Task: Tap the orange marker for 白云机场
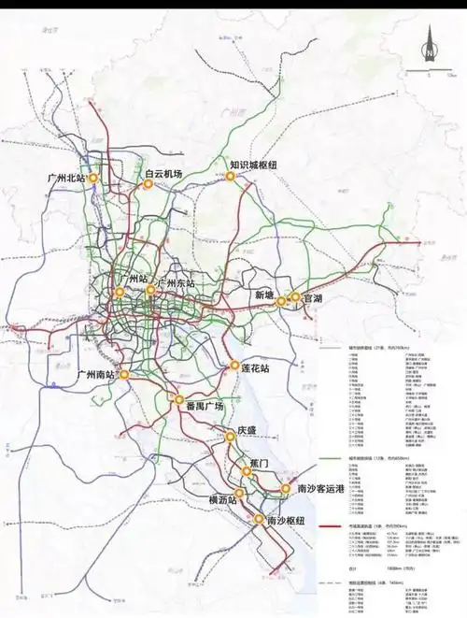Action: point(147,186)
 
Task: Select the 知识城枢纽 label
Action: point(253,166)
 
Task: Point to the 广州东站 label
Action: point(177,282)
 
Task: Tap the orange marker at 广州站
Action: point(120,292)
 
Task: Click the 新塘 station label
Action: point(265,295)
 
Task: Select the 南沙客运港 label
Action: point(320,489)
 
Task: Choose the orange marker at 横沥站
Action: point(240,493)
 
